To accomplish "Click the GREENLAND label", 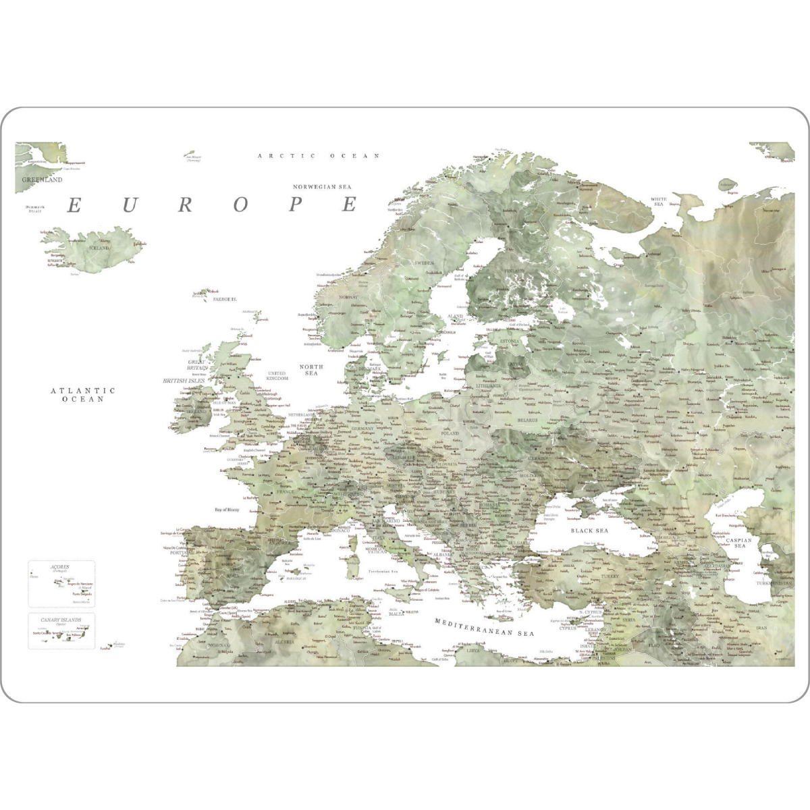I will [x=42, y=180].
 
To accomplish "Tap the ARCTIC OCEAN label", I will [x=319, y=156].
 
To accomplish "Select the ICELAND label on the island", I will [x=97, y=248].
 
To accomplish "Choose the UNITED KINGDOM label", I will [x=277, y=376].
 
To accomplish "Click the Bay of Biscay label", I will [x=227, y=510].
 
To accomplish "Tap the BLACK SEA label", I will [x=589, y=531].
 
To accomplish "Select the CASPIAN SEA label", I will [x=740, y=543].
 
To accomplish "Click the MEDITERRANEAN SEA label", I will [x=484, y=627].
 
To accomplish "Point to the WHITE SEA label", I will [x=658, y=201].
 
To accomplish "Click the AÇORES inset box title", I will [x=60, y=567].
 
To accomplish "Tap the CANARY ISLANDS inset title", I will [x=61, y=619].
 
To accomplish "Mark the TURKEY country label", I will [x=610, y=577].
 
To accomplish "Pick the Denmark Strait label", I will [x=34, y=209].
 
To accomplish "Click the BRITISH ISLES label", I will [x=184, y=381].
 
